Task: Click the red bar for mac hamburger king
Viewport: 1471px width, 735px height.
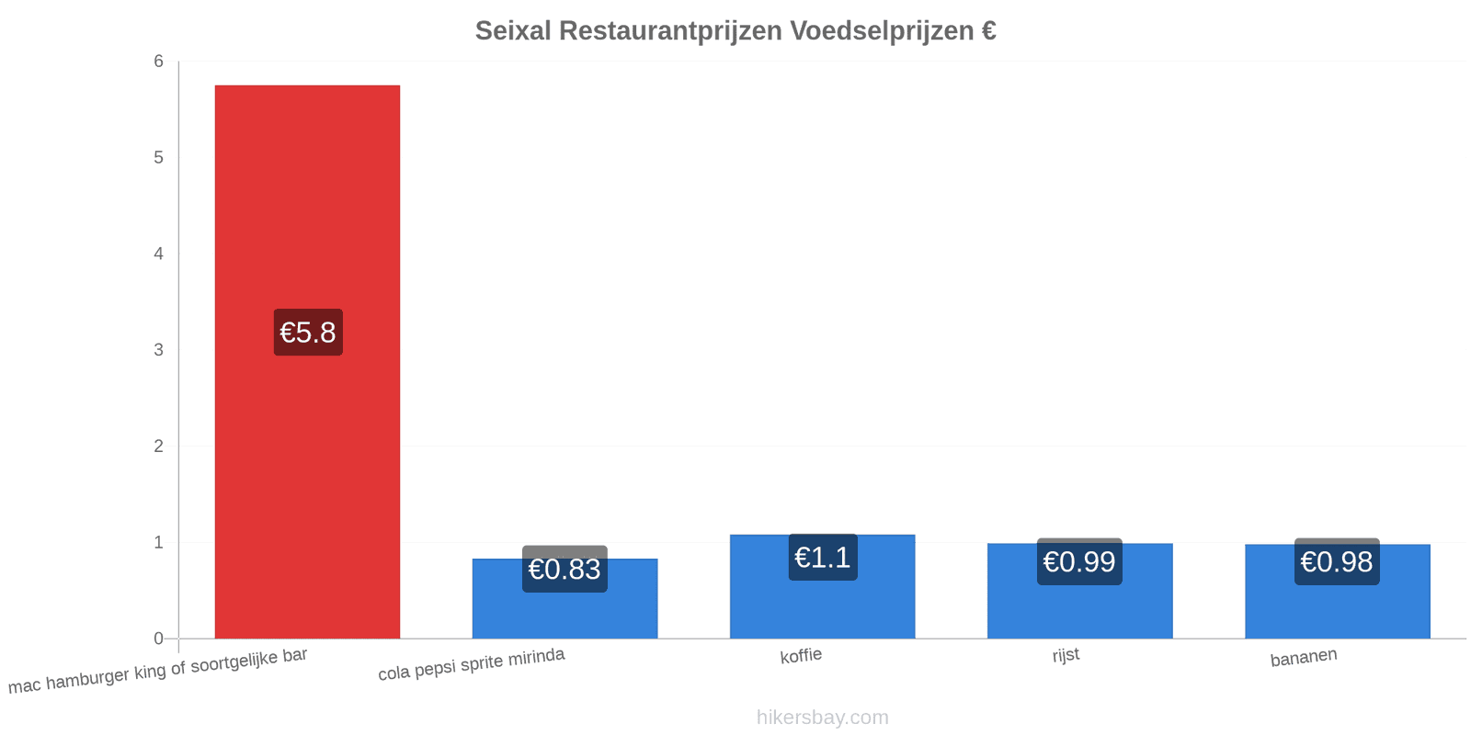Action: pos(307,362)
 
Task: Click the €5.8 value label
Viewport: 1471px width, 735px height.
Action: pos(308,332)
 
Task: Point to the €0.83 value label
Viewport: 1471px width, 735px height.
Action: pos(564,569)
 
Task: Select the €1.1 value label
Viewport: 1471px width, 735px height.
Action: pos(823,557)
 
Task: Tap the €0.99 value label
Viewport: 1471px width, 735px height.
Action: pos(1079,561)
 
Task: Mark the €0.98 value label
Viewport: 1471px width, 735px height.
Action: pos(1337,561)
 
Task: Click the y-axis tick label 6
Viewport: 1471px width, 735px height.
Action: pos(158,61)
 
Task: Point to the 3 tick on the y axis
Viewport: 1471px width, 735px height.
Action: pos(158,350)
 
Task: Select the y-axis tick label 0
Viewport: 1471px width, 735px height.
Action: pos(158,639)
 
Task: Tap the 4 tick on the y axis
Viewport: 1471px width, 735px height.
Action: pos(158,254)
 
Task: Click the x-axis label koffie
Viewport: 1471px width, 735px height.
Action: pos(801,656)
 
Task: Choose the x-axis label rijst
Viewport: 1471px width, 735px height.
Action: pos(1066,655)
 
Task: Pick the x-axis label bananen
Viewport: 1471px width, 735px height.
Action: pos(1304,658)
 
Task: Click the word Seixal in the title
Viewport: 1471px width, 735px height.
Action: pos(513,31)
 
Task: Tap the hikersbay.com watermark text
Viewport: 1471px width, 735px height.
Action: pos(822,718)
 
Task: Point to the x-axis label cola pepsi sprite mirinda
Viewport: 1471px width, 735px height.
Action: pos(472,664)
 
